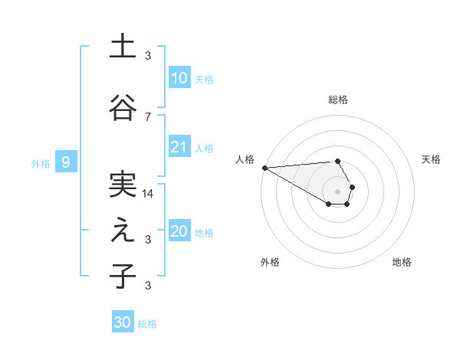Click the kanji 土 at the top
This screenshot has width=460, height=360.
123,47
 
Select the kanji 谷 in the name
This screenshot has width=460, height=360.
123,107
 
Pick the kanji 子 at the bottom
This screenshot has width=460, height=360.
123,277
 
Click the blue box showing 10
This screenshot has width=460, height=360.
179,78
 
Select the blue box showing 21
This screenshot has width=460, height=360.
179,147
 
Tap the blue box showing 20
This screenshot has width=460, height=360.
179,231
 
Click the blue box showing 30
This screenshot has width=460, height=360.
123,322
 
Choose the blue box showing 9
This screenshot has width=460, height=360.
66,162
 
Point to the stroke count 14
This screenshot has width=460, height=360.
148,194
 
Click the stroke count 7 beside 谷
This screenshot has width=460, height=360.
148,116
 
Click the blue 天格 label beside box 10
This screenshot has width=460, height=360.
204,80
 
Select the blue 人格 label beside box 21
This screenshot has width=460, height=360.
204,149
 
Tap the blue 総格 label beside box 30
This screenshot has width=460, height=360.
147,324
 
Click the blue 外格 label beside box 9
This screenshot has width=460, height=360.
40,163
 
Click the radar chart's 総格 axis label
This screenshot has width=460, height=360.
337,100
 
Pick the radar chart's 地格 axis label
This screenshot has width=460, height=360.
402,262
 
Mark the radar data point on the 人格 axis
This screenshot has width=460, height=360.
264,168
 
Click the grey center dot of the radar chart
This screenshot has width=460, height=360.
337,190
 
